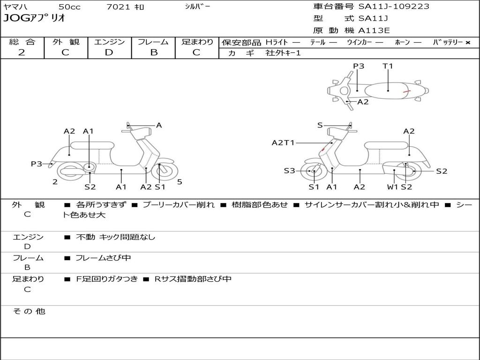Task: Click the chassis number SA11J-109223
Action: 394,7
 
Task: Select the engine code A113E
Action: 374,31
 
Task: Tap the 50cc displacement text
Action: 69,7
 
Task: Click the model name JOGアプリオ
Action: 34,19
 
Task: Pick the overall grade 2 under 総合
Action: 22,52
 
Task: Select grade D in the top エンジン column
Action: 109,52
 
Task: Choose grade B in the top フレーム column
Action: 153,52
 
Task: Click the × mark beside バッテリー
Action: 467,43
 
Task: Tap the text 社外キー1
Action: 283,53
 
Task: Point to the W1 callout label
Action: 392,187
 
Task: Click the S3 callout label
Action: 289,171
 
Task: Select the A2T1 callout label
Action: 283,142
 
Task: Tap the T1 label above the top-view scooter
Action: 388,66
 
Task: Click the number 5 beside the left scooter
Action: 180,182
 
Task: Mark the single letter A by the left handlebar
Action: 159,125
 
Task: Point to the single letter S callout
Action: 320,125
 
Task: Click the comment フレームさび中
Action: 103,258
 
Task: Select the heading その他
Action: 29,311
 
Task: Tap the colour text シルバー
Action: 198,7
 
